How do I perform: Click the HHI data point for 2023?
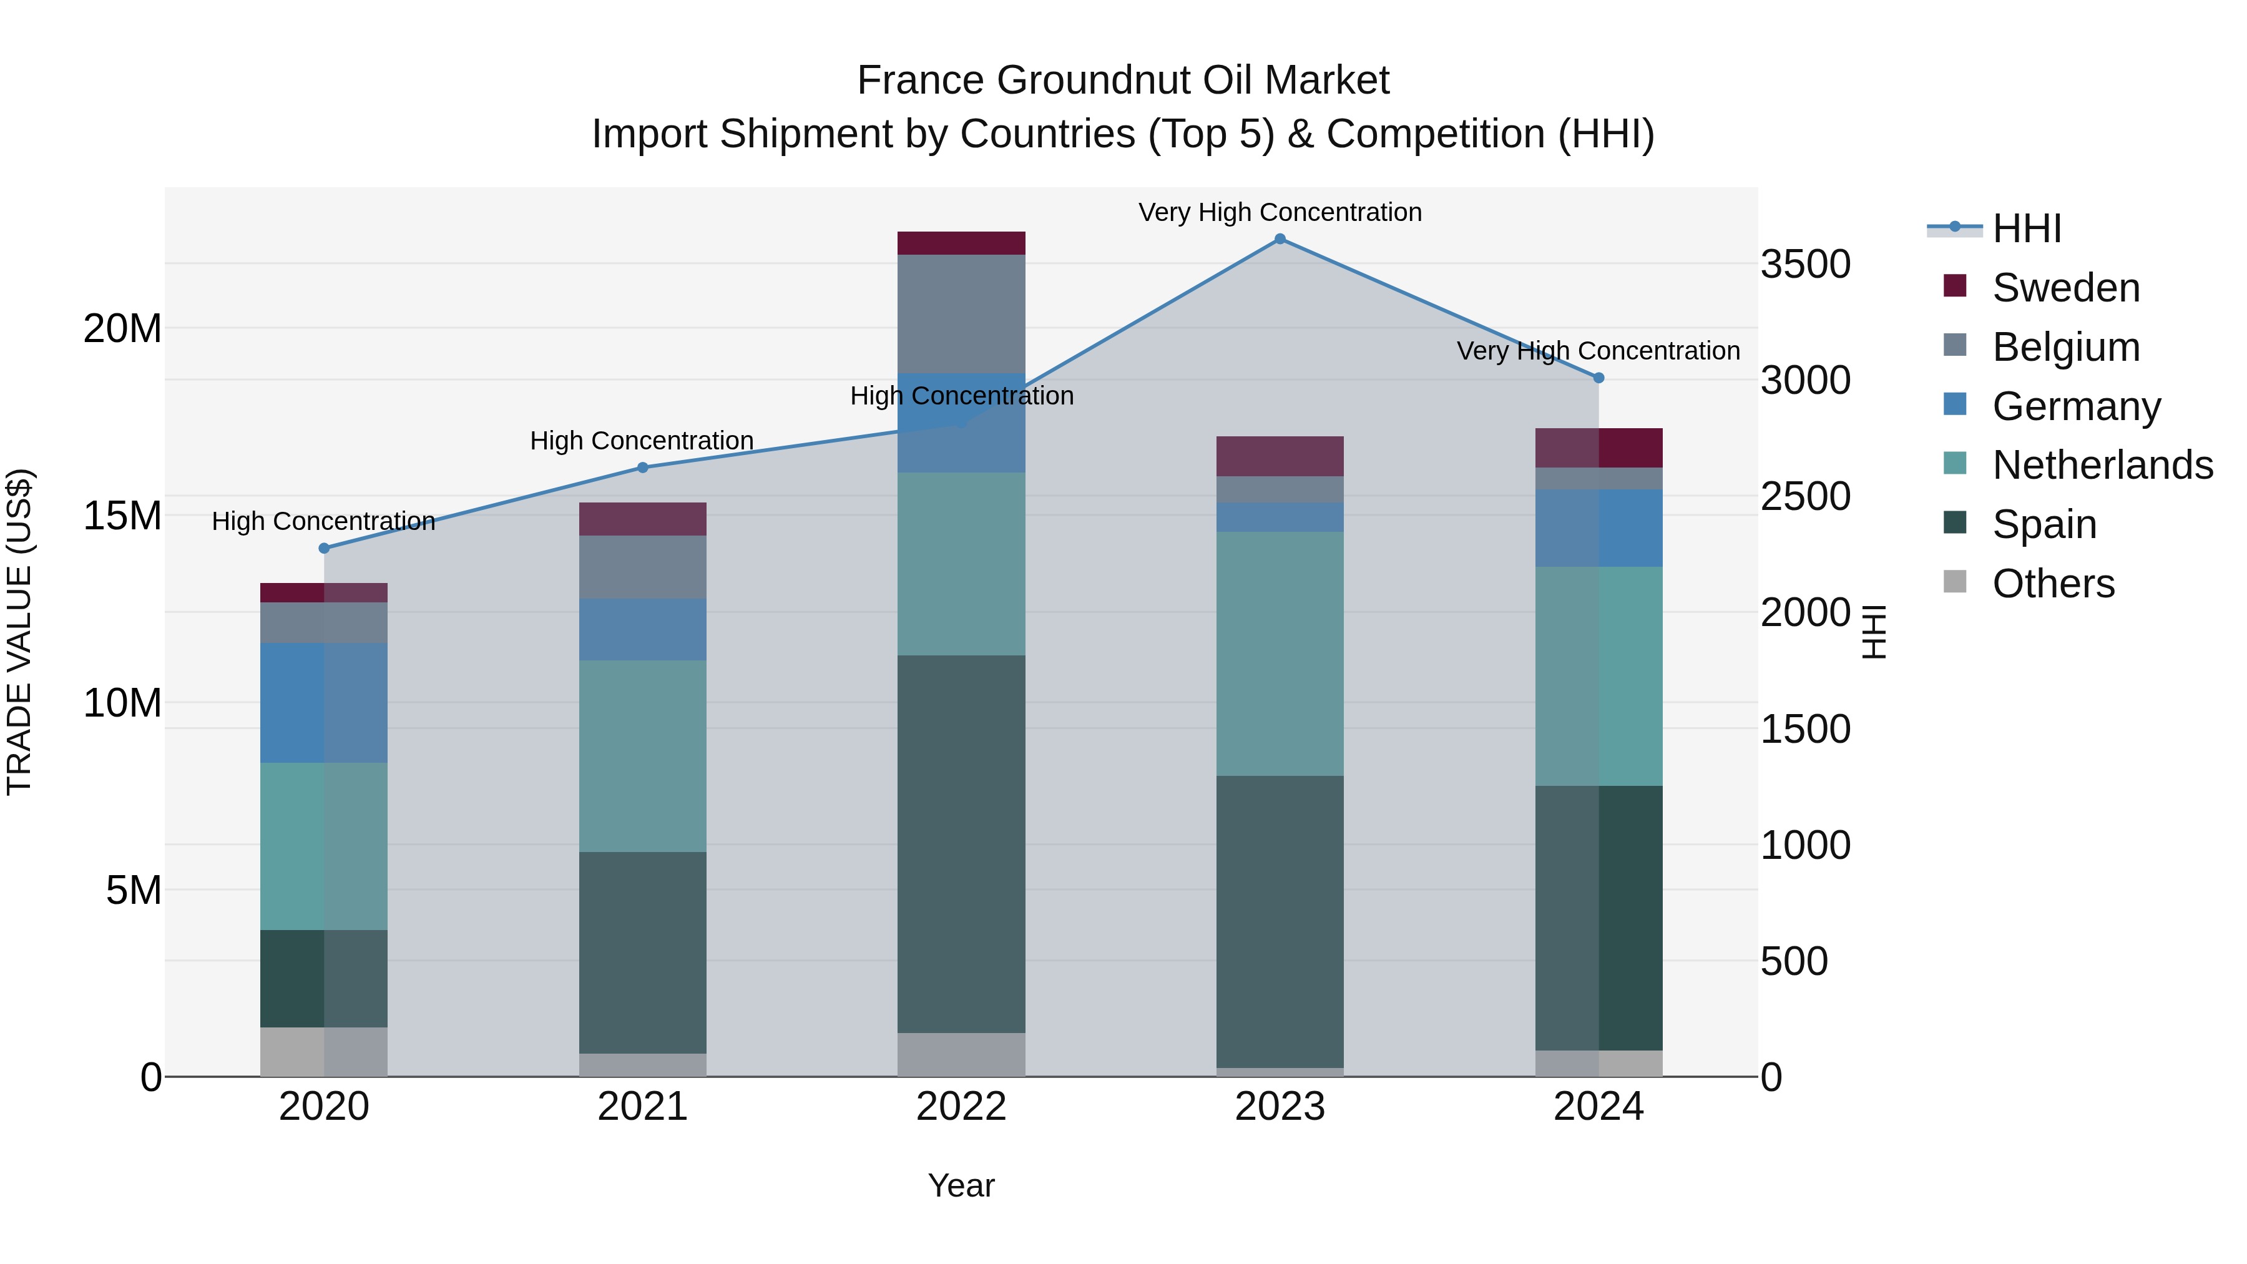(1280, 239)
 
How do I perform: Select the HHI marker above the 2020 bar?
(323, 549)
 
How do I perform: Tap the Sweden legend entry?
(2065, 288)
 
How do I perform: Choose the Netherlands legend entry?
(2102, 465)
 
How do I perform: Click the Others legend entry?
(2054, 584)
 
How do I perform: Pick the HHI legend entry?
(2026, 228)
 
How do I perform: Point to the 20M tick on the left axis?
(122, 329)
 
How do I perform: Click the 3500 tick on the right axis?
(1804, 264)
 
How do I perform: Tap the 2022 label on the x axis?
(961, 1107)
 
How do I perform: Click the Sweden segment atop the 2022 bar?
(961, 243)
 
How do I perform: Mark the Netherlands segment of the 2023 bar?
(1280, 654)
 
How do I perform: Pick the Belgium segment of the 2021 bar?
(643, 567)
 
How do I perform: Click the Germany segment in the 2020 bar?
(323, 703)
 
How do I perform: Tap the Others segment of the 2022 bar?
(961, 1055)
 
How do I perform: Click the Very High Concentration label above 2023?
(1280, 212)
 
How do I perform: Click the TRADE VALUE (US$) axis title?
(19, 632)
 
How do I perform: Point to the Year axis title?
(961, 1185)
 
